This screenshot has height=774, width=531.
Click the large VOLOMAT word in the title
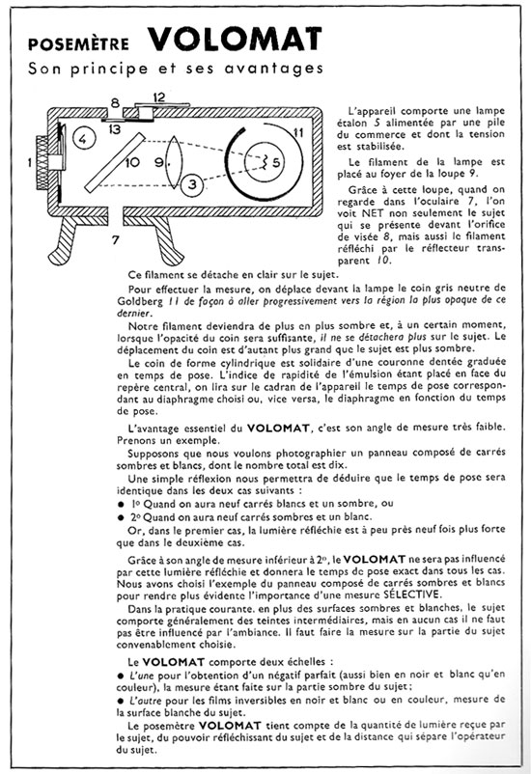(236, 39)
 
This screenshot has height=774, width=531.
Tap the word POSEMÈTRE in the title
(78, 43)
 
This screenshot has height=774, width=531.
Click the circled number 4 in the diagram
(83, 139)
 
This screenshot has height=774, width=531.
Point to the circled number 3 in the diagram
(192, 184)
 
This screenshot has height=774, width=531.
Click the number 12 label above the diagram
(158, 97)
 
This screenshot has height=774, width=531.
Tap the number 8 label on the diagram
(115, 103)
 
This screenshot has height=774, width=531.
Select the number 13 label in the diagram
(114, 129)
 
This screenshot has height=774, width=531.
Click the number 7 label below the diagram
(116, 240)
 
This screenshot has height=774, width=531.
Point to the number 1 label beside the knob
(31, 161)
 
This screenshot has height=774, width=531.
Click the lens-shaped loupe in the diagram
(174, 162)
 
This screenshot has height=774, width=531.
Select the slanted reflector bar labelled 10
(115, 162)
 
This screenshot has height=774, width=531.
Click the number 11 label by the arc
(298, 132)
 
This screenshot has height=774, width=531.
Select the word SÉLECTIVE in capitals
(412, 594)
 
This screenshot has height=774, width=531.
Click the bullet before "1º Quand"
(121, 504)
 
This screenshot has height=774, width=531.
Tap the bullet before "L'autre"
(120, 701)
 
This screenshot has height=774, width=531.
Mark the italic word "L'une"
(142, 675)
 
